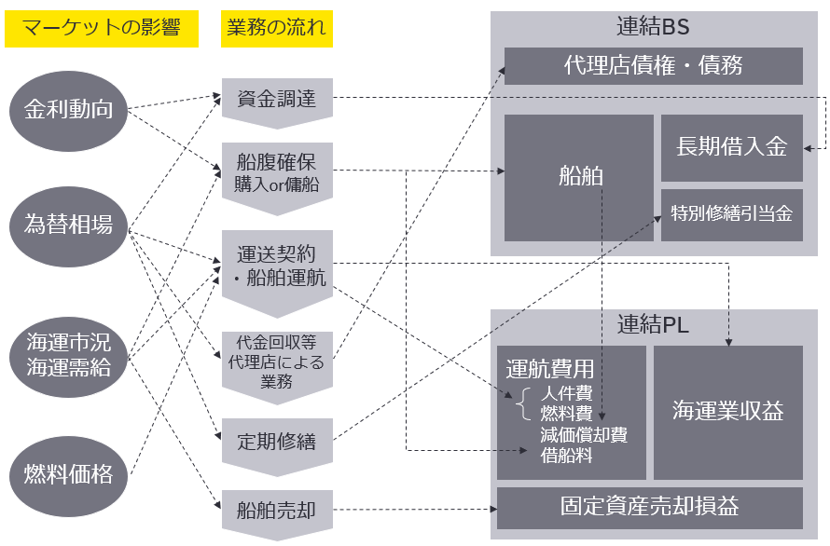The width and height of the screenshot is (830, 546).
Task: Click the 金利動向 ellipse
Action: pos(68,109)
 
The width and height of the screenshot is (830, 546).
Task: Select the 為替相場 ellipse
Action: pos(68,224)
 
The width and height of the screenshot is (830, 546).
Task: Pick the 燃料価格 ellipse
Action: pos(68,474)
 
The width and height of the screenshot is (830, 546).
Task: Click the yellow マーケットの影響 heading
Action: pos(102,28)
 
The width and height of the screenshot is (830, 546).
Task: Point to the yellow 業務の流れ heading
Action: pos(277,28)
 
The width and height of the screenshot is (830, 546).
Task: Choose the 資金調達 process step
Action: pos(277,99)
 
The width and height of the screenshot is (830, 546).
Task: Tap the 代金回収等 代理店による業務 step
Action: pos(277,360)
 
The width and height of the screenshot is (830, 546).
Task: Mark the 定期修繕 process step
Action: pos(277,441)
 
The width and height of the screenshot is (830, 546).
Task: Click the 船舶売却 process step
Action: pos(277,510)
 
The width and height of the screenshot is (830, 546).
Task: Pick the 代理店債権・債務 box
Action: pos(653,66)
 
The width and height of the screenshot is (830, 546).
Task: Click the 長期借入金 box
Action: pos(731,147)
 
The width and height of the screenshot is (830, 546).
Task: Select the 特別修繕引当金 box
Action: pos(731,214)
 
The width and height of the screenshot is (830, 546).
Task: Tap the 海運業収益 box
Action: pos(727,411)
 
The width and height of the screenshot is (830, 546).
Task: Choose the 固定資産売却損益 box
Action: pos(649,507)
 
